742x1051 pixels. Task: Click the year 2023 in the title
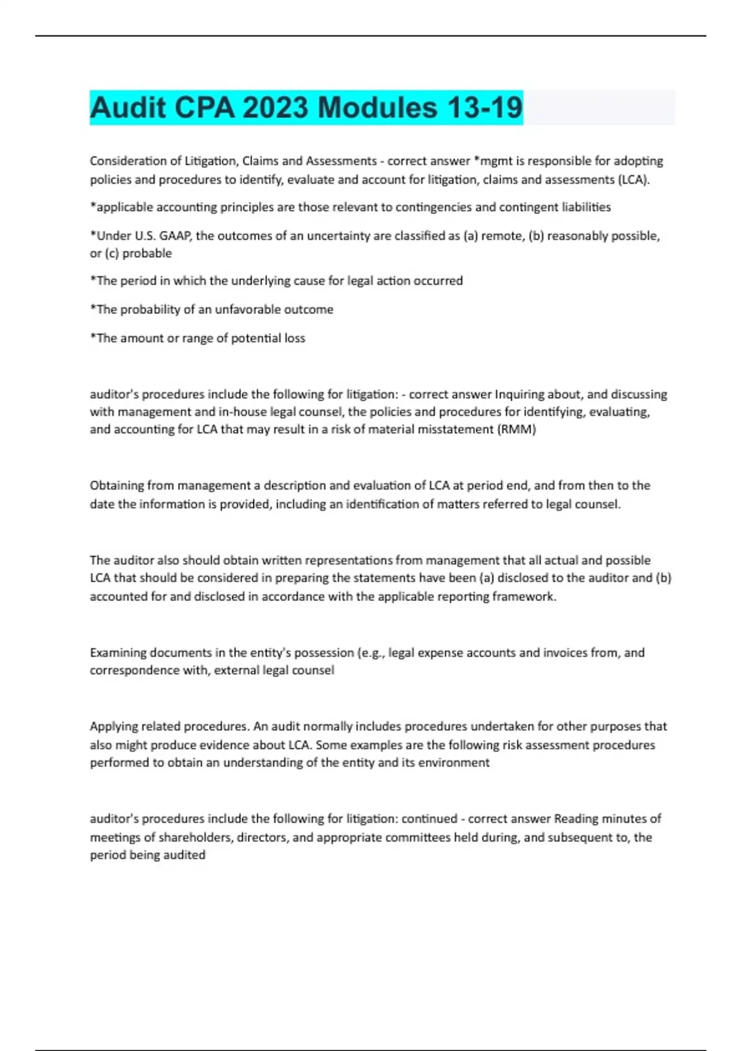click(x=275, y=108)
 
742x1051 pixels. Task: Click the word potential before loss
click(x=256, y=338)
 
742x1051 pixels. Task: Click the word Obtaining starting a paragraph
click(x=117, y=485)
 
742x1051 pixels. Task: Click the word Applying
click(x=113, y=726)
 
